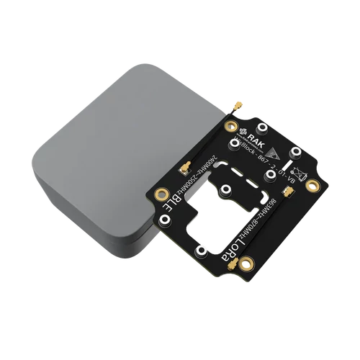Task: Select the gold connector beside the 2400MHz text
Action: (186, 171)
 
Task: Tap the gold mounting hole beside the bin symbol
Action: (312, 186)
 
